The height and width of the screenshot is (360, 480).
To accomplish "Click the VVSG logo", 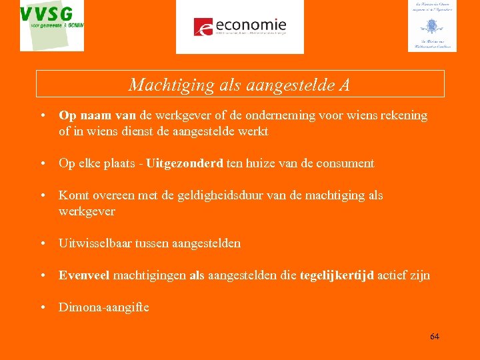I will pos(52,25).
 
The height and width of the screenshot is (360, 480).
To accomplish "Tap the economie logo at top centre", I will pos(239,27).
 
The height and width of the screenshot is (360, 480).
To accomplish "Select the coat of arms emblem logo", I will pos(432,26).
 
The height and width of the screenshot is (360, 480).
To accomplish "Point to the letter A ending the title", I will pos(344,85).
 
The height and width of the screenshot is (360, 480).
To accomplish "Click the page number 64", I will pos(435,336).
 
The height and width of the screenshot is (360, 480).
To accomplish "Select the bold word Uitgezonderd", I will pos(185,163).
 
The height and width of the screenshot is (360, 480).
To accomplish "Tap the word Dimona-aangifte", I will pos(104,307).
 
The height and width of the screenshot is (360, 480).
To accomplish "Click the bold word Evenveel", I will pos(84,275).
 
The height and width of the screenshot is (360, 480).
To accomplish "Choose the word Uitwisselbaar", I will pos(96,243).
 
